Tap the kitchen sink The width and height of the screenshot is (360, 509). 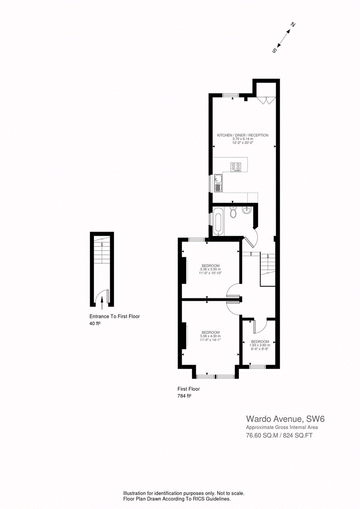218,183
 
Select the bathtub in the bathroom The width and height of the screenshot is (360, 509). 218,221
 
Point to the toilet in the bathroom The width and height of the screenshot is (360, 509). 233,211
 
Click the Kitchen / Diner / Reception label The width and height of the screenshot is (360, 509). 242,135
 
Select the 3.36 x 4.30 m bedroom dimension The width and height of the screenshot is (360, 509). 211,336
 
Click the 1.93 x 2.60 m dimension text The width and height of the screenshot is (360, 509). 260,345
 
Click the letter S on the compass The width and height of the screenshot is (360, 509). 274,50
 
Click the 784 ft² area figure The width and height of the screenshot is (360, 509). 184,396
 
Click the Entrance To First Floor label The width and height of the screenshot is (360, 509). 115,317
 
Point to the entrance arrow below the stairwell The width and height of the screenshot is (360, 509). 102,303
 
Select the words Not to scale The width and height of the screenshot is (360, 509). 231,493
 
